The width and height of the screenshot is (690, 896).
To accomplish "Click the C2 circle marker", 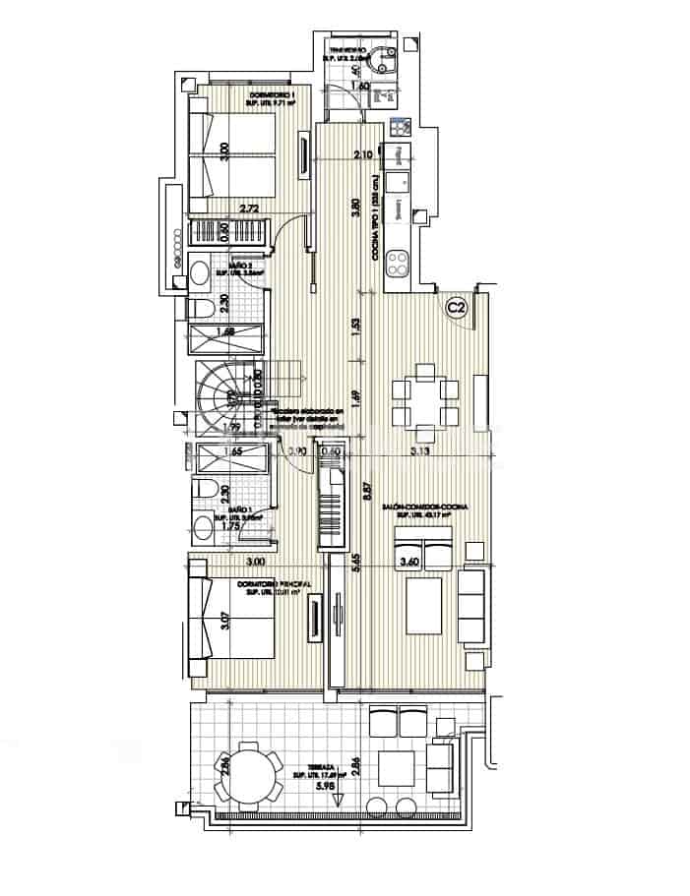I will (x=456, y=308).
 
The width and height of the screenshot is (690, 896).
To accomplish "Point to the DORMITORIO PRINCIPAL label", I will (x=274, y=584).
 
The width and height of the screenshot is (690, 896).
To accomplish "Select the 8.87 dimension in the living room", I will (x=366, y=491).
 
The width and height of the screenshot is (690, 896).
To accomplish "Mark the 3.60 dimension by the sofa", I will (x=408, y=563).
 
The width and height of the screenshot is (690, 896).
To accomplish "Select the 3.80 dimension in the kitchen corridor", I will (x=357, y=209).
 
